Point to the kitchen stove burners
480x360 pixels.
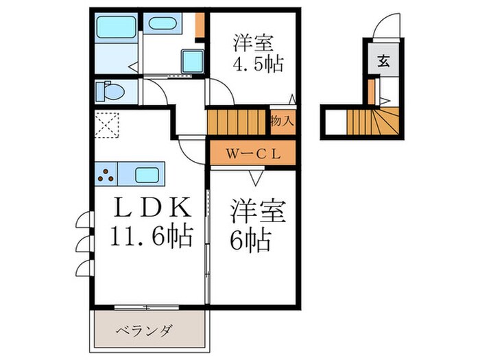click(x=108, y=175)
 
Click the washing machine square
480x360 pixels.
click(x=193, y=62)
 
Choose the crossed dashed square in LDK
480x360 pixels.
click(x=108, y=125)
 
